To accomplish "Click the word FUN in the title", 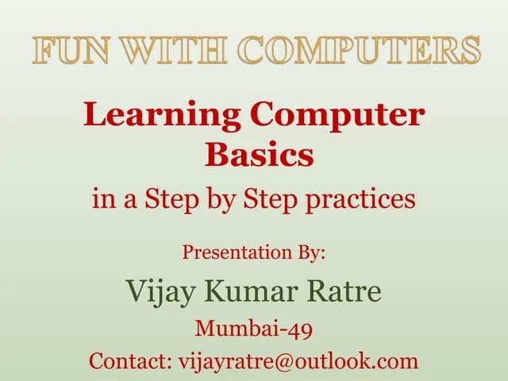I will click(67, 50).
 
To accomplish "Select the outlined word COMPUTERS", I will click(360, 50).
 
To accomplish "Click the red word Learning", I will click(163, 116).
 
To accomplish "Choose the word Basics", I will click(259, 155).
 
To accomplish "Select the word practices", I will click(369, 198).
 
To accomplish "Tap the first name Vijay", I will click(160, 291).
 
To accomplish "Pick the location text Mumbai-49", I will click(254, 328).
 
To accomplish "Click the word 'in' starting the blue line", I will click(102, 198).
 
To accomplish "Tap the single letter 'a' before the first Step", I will click(128, 199).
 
